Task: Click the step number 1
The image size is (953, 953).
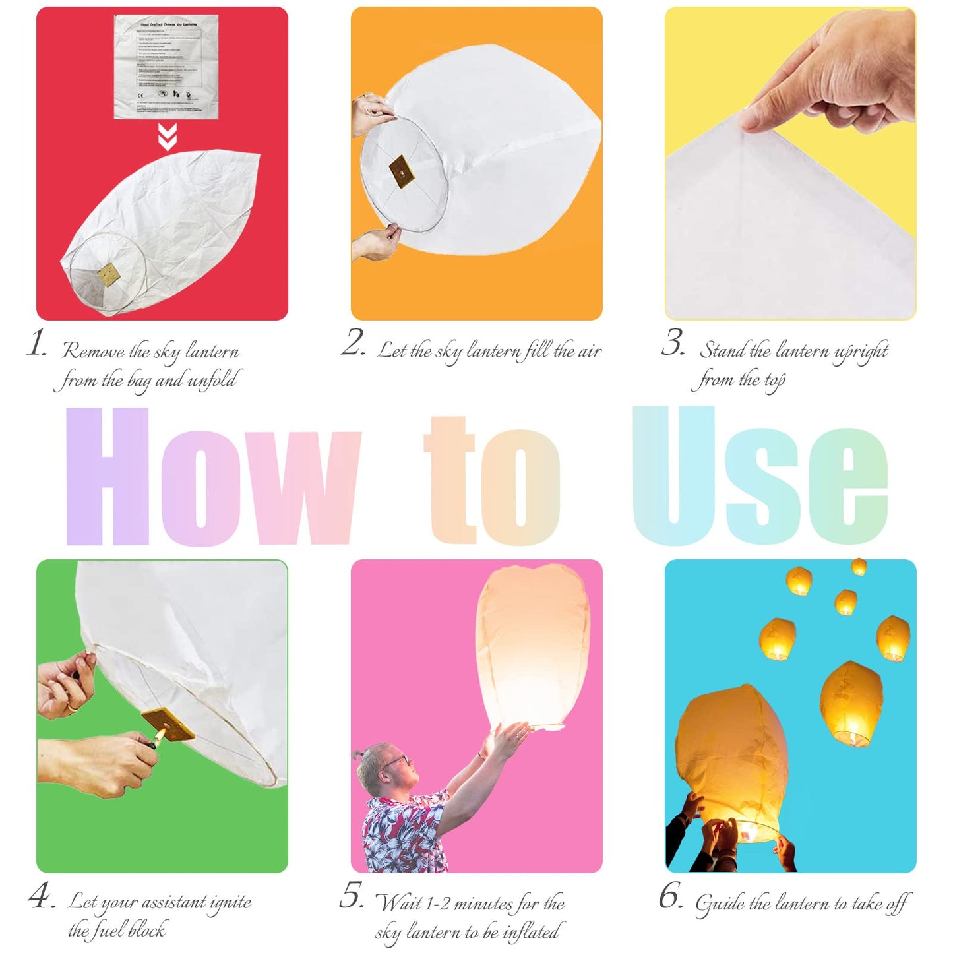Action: coord(36,344)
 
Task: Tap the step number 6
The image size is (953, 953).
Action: coord(671,896)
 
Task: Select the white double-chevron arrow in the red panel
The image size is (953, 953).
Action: coord(168,137)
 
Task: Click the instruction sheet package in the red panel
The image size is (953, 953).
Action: coord(166,67)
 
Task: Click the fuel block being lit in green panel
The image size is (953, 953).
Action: coord(169,724)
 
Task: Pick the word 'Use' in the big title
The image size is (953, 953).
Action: coord(759,477)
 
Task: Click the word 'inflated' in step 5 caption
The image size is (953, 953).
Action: coord(530,932)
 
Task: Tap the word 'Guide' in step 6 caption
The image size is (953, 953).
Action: coord(720,904)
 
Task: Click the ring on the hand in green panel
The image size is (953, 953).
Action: coord(71,707)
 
